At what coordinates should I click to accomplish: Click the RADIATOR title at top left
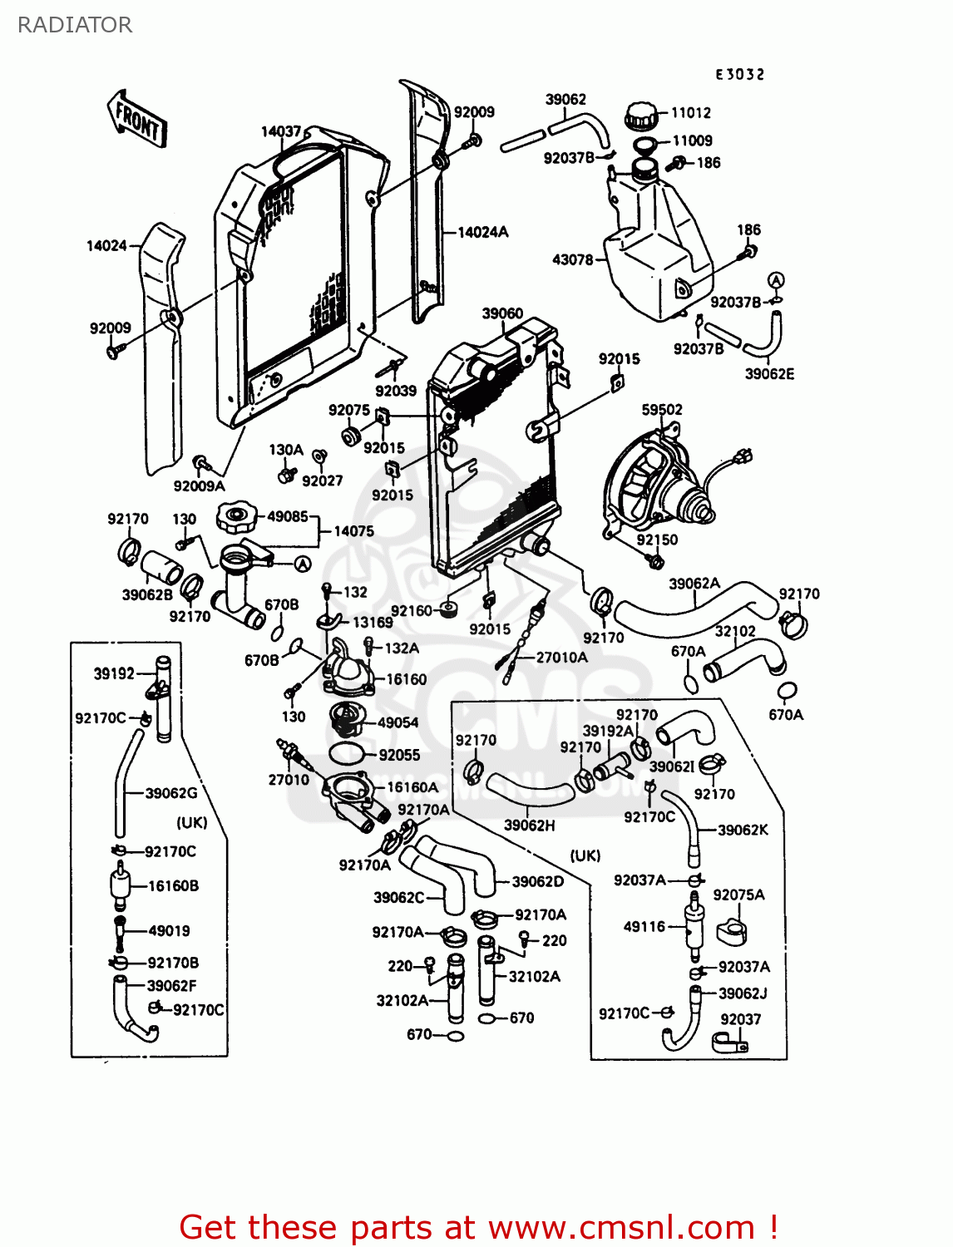pyautogui.click(x=75, y=25)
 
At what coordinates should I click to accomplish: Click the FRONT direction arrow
pyautogui.click(x=137, y=121)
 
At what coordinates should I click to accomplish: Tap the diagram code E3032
pyautogui.click(x=739, y=74)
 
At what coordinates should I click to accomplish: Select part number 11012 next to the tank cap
pyautogui.click(x=690, y=113)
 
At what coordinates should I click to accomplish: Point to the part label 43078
pyautogui.click(x=572, y=259)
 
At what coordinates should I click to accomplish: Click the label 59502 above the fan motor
pyautogui.click(x=661, y=410)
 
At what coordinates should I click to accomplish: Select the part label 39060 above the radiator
pyautogui.click(x=502, y=313)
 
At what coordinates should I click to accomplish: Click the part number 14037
pyautogui.click(x=280, y=131)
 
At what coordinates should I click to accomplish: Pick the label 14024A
pyautogui.click(x=482, y=233)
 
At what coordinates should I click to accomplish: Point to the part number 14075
pyautogui.click(x=353, y=531)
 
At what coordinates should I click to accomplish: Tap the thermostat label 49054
pyautogui.click(x=397, y=722)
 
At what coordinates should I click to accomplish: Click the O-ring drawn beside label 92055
pyautogui.click(x=347, y=754)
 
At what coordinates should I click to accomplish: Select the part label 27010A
pyautogui.click(x=561, y=658)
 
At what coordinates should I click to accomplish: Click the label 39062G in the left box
pyautogui.click(x=170, y=793)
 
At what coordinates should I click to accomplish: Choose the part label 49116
pyautogui.click(x=644, y=926)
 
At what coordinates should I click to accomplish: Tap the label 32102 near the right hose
pyautogui.click(x=735, y=632)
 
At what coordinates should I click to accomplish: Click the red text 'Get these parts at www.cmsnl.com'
pyautogui.click(x=478, y=1227)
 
